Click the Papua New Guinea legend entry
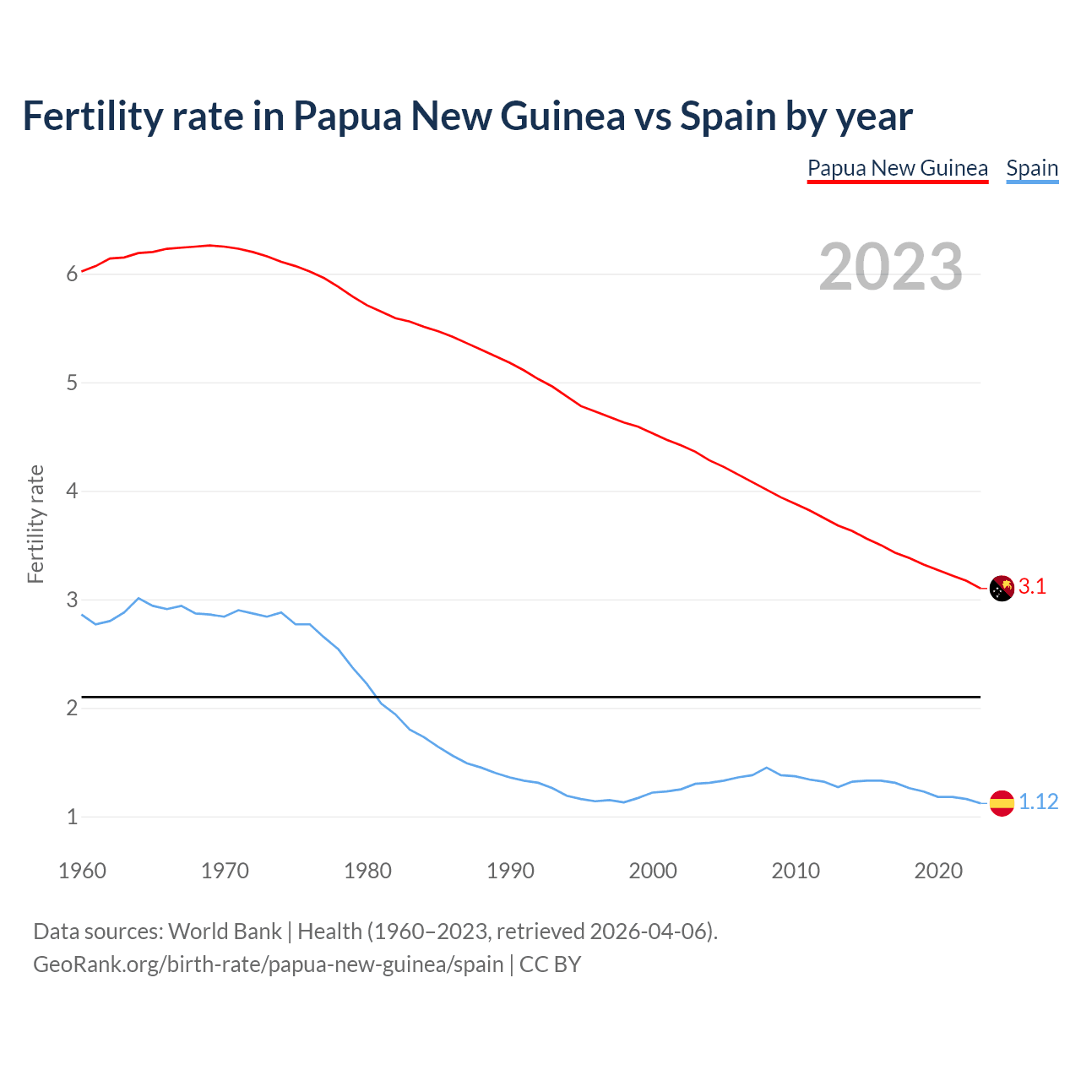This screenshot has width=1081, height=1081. [x=897, y=168]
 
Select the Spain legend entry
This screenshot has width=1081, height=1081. [x=1032, y=168]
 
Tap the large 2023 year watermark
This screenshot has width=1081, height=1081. [x=891, y=267]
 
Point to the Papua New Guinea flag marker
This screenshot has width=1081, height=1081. [x=1002, y=588]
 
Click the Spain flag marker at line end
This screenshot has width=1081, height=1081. [x=1002, y=803]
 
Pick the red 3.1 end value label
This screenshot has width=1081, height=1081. [x=1032, y=587]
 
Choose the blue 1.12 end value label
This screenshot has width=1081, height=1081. [x=1038, y=802]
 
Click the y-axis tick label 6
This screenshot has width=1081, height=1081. [x=73, y=274]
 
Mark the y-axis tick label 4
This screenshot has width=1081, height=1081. [x=73, y=491]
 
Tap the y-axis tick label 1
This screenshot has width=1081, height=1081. [x=73, y=817]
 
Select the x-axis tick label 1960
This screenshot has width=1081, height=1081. [x=82, y=871]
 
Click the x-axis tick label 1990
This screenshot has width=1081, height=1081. [x=510, y=871]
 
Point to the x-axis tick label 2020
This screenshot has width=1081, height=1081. [x=938, y=871]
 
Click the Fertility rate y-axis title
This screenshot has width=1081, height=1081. [x=35, y=524]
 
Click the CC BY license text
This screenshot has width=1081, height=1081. [x=550, y=964]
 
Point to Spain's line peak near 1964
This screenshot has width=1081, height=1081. [x=139, y=598]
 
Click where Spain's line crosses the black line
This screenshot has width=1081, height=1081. [x=375, y=697]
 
